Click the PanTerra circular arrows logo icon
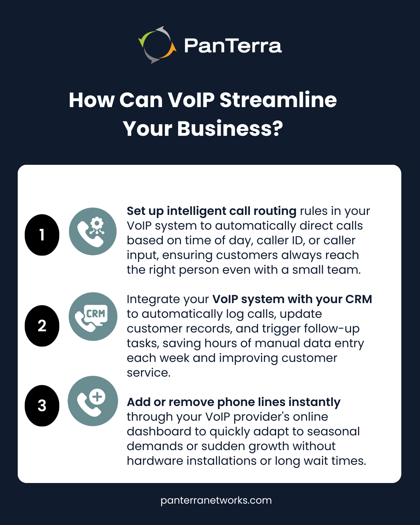coord(157,45)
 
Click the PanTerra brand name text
coord(233,45)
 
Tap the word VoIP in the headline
coord(191,100)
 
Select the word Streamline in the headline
coord(278,100)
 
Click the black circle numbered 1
coord(42,235)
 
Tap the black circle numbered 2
coord(42,326)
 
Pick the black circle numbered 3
coord(42,406)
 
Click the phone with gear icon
coord(93,231)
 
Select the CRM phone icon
coord(93,317)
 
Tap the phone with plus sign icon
coord(93,401)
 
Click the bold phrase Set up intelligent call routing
coord(212,211)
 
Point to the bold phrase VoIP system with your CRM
coord(292,300)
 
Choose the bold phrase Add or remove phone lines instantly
coord(233,402)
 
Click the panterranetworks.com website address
coord(216,500)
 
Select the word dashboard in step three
coord(159,431)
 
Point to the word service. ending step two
coord(149,373)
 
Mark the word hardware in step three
coord(155,461)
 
